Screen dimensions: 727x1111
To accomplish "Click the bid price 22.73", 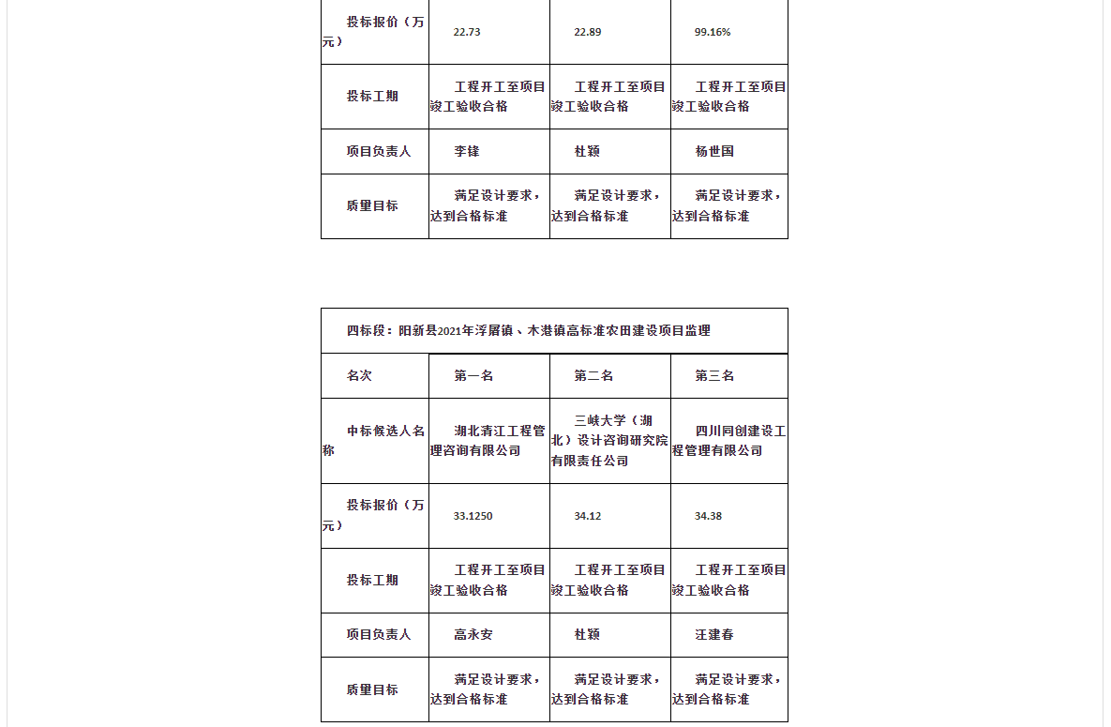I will [x=467, y=32].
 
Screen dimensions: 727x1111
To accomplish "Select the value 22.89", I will [x=588, y=32].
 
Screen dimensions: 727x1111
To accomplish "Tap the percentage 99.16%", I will [x=713, y=32].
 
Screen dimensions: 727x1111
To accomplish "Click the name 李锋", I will [x=467, y=151].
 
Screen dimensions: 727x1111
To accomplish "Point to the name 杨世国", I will [x=714, y=151].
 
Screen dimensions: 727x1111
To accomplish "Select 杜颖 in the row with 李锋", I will [x=587, y=151].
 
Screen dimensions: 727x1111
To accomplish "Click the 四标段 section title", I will [x=529, y=330].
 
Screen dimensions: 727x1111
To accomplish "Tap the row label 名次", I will [x=359, y=375].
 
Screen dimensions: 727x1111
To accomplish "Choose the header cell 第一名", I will [x=473, y=375].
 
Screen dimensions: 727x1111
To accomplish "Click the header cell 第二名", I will [x=593, y=375].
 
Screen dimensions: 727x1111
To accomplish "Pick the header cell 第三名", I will [x=714, y=375].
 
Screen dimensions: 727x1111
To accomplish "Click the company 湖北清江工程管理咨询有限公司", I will [x=488, y=441].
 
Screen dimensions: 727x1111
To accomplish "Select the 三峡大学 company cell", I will [x=609, y=440].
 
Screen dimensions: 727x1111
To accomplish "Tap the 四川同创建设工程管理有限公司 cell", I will [x=729, y=441].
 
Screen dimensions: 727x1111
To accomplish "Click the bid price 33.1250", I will [x=473, y=516].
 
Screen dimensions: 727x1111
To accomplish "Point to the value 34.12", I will [x=588, y=516].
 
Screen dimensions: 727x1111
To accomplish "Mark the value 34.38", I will [x=708, y=516].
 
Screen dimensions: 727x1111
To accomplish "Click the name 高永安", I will [x=473, y=635].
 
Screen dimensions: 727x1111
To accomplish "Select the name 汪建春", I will [x=714, y=635].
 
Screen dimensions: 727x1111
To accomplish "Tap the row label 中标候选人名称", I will [x=374, y=440].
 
